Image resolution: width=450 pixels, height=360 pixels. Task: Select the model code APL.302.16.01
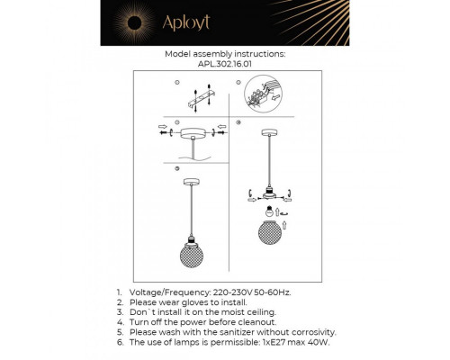[x=224, y=64]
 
